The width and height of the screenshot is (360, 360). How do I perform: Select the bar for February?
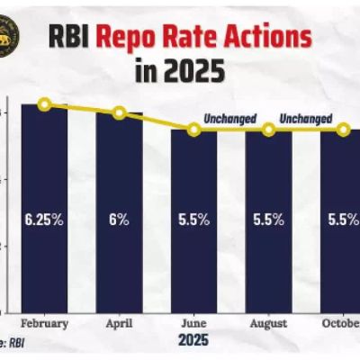coord(44,216)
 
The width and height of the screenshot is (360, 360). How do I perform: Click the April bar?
coord(119,225)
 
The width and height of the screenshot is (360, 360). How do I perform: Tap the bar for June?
coord(193,234)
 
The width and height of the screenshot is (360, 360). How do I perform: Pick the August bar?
coord(268,234)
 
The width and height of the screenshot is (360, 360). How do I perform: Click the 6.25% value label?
coord(44,219)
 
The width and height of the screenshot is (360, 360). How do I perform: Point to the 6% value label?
coord(119,219)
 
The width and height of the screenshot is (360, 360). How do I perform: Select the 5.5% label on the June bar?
coord(193,219)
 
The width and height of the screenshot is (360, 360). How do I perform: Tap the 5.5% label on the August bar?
coord(268,219)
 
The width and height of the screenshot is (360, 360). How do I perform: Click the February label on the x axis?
coord(44,322)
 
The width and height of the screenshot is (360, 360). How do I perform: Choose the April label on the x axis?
coord(119,322)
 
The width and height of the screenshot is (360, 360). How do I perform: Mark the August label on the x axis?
coord(268,322)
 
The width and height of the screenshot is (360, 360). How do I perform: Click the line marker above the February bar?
coord(44,104)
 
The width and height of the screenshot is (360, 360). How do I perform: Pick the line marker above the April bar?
coord(119,112)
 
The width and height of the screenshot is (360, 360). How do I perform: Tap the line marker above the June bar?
coord(193,130)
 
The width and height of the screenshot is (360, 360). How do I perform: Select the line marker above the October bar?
coord(343,130)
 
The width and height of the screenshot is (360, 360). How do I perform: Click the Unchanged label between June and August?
coord(230,119)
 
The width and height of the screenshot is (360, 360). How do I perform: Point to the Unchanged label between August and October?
coord(306,119)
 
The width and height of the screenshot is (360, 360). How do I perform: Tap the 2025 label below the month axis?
coord(193,341)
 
